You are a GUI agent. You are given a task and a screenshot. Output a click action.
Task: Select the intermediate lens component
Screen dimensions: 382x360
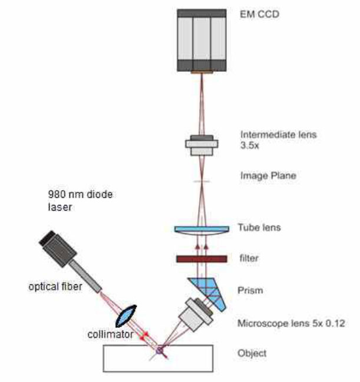tap(202, 146)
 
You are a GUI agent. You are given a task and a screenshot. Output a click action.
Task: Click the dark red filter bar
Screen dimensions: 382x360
tap(201, 258)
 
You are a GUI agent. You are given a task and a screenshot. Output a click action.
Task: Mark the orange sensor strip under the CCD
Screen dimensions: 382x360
tap(201, 72)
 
